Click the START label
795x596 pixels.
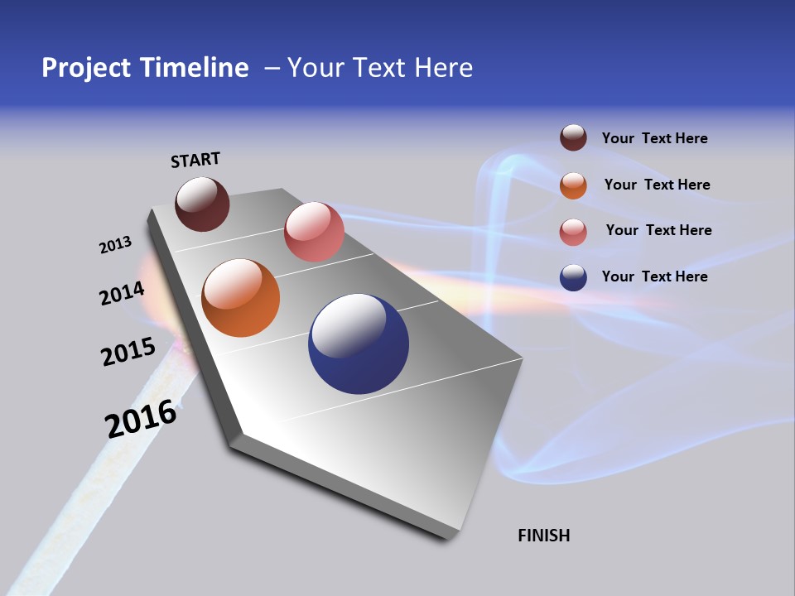(x=195, y=160)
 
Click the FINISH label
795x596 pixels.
(x=543, y=536)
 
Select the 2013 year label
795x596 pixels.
(x=115, y=245)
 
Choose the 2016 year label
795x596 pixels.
(x=142, y=419)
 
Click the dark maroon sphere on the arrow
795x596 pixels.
(x=202, y=204)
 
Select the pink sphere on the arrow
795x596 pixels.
(x=314, y=232)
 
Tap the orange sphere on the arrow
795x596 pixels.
(x=241, y=298)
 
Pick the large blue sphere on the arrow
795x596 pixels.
(x=359, y=344)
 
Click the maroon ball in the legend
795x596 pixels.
(x=573, y=137)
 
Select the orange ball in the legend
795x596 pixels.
(x=573, y=185)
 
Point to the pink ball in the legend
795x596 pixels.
(x=573, y=232)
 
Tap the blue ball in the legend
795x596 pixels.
(x=573, y=277)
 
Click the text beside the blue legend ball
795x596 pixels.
(x=654, y=276)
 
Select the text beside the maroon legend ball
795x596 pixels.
(x=654, y=138)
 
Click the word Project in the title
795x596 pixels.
(x=85, y=68)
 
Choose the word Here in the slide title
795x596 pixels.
(x=443, y=68)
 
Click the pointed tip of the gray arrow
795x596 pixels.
(x=447, y=536)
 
